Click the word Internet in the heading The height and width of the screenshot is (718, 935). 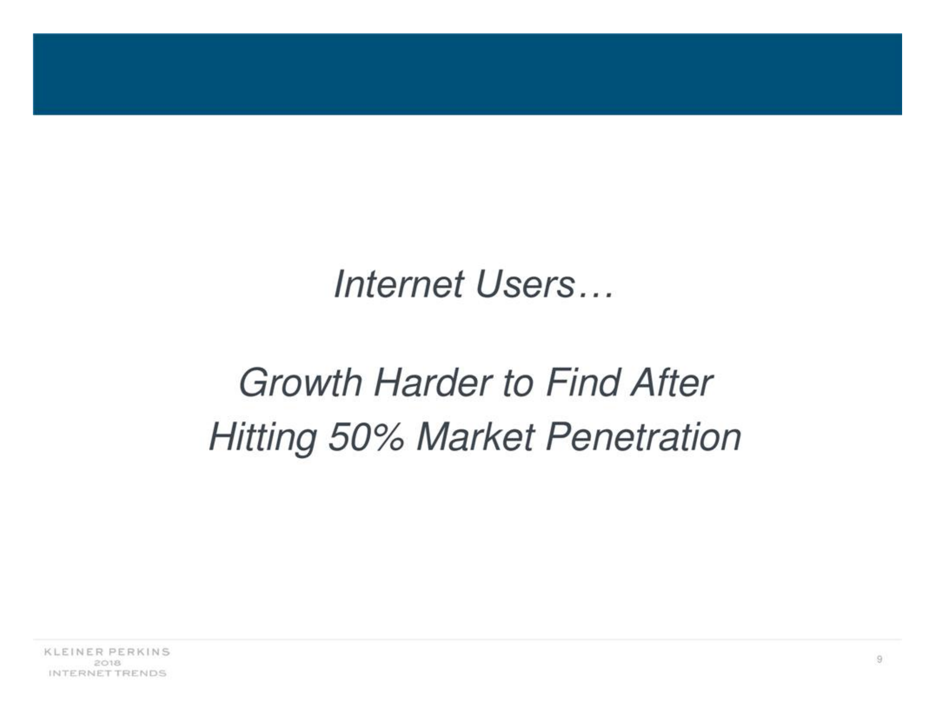(x=399, y=284)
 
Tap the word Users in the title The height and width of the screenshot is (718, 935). (x=525, y=284)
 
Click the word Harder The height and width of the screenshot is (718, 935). (x=432, y=383)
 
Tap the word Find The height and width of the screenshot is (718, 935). (x=581, y=383)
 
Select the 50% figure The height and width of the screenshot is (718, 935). (x=365, y=437)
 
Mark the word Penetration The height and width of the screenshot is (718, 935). (x=643, y=437)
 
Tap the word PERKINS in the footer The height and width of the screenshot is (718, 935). (x=139, y=652)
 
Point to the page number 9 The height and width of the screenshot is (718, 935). (x=879, y=659)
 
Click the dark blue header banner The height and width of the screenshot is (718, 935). (x=467, y=74)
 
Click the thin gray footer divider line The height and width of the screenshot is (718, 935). (x=467, y=640)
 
